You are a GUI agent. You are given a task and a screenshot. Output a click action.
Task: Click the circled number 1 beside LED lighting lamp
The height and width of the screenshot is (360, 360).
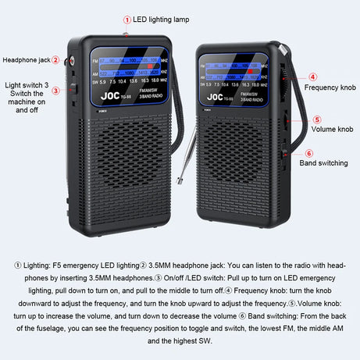[x=127, y=18]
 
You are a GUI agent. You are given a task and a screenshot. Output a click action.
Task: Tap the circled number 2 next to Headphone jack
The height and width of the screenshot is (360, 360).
[x=55, y=59]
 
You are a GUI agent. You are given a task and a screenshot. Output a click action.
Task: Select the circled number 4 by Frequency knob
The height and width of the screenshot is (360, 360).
[x=312, y=77]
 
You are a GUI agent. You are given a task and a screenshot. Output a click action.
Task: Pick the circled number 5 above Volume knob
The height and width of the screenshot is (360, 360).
[x=316, y=119]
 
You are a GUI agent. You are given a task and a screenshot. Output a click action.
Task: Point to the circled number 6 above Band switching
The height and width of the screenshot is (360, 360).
[x=309, y=153]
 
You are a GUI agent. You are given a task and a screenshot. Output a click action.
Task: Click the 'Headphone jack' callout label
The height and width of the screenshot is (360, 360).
[x=26, y=59]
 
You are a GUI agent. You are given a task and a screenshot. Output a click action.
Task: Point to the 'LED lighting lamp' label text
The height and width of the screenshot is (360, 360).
[x=162, y=18]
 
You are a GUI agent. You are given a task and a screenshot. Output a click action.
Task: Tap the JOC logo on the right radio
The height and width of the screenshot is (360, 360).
[x=216, y=98]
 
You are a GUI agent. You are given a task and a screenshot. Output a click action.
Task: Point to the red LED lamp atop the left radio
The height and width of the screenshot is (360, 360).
[x=127, y=33]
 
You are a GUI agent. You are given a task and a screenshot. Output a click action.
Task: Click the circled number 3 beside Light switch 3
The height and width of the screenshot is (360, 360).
[x=55, y=91]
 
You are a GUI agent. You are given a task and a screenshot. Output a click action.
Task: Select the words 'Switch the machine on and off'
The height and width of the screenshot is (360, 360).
[x=27, y=102]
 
